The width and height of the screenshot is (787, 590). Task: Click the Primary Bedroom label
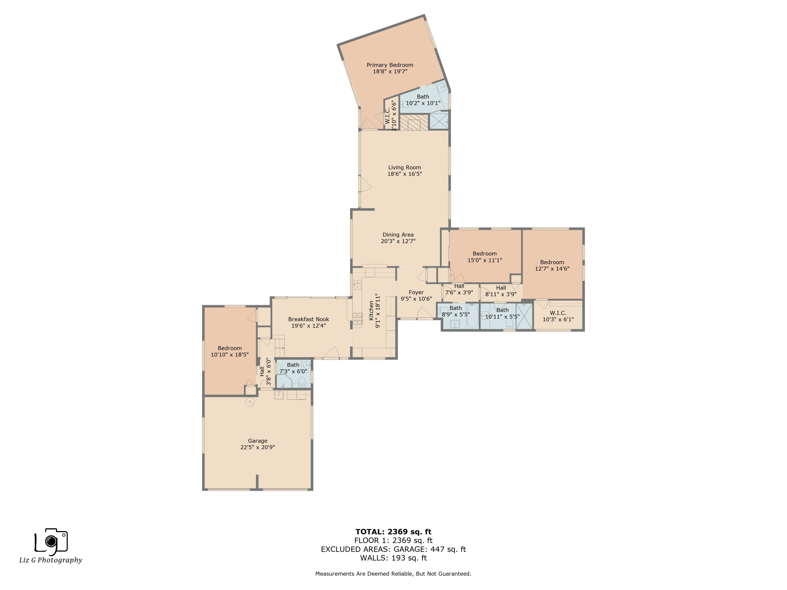coord(390,65)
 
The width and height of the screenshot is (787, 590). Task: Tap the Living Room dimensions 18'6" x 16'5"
coord(405,174)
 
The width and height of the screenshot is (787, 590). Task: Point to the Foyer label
coord(416,292)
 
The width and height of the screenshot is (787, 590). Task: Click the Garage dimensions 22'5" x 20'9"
coord(258,447)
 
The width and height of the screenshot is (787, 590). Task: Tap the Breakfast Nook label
coord(309,319)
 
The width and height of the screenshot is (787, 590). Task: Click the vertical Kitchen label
coord(371,310)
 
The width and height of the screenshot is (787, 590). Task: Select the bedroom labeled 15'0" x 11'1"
coord(485,257)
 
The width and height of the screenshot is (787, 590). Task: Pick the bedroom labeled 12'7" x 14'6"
coord(552,265)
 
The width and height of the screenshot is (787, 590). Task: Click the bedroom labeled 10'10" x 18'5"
coord(230,351)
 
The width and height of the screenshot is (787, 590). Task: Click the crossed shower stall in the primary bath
coord(439,121)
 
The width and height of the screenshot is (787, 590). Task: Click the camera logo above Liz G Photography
coord(51,541)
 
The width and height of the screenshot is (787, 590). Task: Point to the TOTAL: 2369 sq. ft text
coord(393,532)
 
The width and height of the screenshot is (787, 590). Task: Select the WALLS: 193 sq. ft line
coord(393,558)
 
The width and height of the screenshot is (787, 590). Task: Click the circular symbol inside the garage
coord(250,402)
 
